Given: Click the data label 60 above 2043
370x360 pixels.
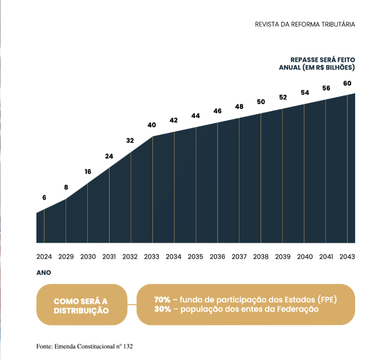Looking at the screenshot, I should pyautogui.click(x=347, y=83).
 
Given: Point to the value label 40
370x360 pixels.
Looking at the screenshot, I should pyautogui.click(x=152, y=125).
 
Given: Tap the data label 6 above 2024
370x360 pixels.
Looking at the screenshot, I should pyautogui.click(x=44, y=198).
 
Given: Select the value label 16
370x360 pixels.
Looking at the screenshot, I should pyautogui.click(x=88, y=172).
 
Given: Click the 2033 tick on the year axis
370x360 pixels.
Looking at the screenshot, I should pyautogui.click(x=152, y=257).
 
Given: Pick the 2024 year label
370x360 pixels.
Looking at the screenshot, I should pyautogui.click(x=44, y=257).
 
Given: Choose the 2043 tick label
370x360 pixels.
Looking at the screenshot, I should pyautogui.click(x=347, y=257).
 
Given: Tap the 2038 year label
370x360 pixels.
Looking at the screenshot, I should pyautogui.click(x=261, y=257).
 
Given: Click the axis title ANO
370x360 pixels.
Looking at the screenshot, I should pyautogui.click(x=44, y=273).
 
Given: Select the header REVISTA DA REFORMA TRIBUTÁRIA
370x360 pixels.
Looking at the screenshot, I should pyautogui.click(x=305, y=24).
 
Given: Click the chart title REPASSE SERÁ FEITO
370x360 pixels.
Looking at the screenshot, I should pyautogui.click(x=323, y=60).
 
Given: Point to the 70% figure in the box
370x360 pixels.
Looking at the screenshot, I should pyautogui.click(x=162, y=300).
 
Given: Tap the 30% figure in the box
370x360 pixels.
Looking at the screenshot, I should pyautogui.click(x=162, y=309).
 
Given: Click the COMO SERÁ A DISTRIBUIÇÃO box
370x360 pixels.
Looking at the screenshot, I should pyautogui.click(x=81, y=305).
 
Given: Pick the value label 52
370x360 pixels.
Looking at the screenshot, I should pyautogui.click(x=283, y=97).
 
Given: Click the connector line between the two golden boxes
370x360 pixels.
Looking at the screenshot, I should pyautogui.click(x=132, y=305).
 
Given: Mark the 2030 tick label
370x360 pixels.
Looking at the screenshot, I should pyautogui.click(x=88, y=257).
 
